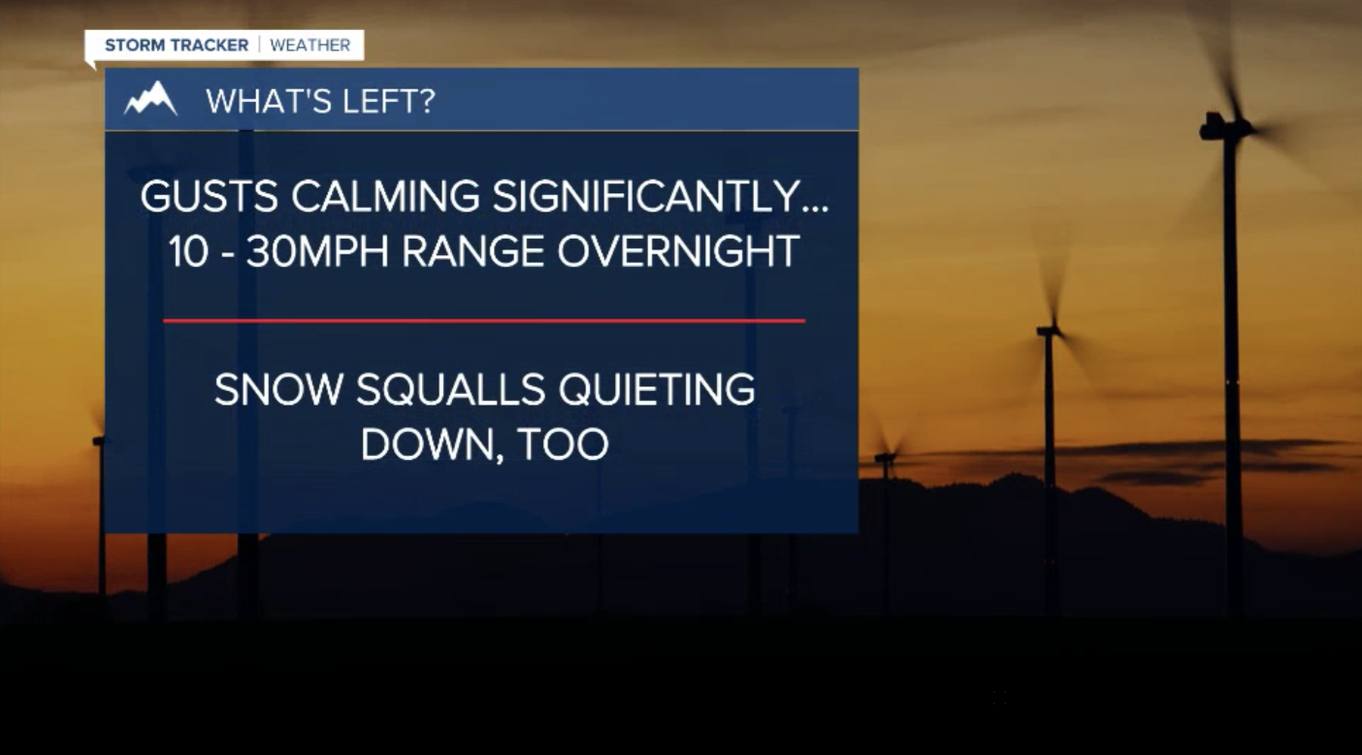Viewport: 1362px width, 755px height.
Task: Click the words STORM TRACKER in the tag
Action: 177,45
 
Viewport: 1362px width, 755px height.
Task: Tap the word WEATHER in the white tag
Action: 310,45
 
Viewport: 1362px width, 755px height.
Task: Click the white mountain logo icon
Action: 150,98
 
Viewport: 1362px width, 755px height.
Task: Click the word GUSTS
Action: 210,196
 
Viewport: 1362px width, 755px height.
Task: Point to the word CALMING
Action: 385,196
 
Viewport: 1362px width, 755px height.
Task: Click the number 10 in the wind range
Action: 188,252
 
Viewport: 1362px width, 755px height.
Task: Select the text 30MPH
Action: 317,252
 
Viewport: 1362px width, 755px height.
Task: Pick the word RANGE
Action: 473,252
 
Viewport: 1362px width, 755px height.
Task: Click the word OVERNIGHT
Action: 678,252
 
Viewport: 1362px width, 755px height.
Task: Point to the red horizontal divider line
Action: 484,320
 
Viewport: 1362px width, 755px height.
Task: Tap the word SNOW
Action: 278,389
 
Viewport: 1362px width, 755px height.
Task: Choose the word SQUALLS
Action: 450,390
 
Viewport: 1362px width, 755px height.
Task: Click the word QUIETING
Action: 657,390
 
